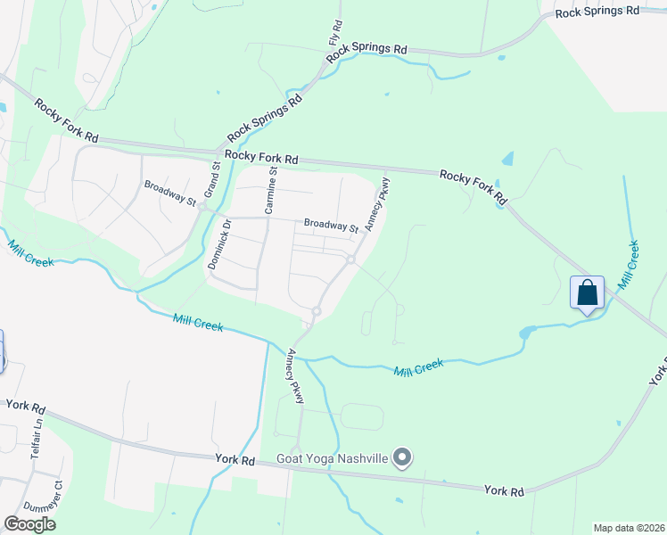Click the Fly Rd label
coord(336,35)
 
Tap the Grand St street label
coord(212,179)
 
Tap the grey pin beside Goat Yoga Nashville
coord(402,458)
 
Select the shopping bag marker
coord(588,292)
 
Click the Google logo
coord(29,524)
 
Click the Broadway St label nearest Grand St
coord(170,193)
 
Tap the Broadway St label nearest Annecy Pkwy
coord(330,226)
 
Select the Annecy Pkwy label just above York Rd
coord(295,376)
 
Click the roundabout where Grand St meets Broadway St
coord(203,207)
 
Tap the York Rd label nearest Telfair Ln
coord(25,406)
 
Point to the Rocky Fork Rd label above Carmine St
coord(260,157)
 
